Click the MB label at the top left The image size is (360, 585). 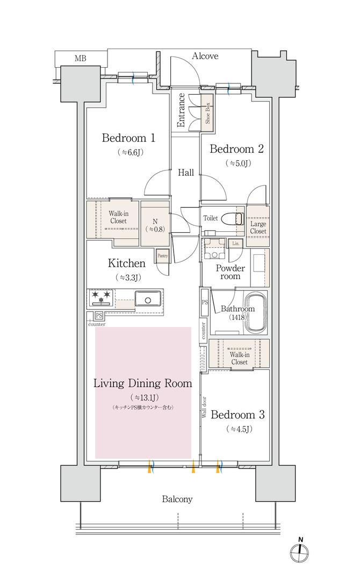pos(81,58)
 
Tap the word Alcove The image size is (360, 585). pos(205,56)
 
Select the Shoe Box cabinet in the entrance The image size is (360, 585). pos(207,113)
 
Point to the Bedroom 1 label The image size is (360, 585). pos(128,138)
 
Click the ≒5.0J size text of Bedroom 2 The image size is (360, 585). pos(238,163)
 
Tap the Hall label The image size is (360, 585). pos(185,173)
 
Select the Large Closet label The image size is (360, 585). pos(258,227)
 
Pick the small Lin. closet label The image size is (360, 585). pos(235,243)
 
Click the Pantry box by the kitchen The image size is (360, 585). pos(162,255)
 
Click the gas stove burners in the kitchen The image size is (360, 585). pos(100,297)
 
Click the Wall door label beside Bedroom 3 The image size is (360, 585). pos(204,407)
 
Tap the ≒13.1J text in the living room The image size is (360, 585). pos(143,397)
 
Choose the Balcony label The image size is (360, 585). pos(177,499)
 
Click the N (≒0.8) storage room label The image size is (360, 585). pos(155,225)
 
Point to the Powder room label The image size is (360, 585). pos(231,273)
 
